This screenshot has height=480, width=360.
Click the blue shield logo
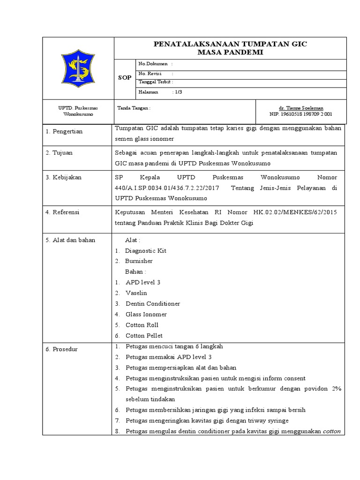pos(78,68)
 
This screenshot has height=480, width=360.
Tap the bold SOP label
pos(125,78)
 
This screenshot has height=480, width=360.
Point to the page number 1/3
pos(178,92)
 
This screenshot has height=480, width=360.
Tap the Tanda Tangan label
pos(134,108)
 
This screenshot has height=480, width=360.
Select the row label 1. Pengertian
pos(64,132)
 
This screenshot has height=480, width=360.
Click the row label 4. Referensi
pos(62,212)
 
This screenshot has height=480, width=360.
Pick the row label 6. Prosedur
pos(61,350)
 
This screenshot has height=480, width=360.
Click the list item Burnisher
pos(139,261)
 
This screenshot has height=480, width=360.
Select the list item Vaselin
pos(136,293)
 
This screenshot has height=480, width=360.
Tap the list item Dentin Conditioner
pos(153,304)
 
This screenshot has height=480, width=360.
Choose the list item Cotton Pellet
pos(144,336)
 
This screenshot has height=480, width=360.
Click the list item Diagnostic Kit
pos(145,251)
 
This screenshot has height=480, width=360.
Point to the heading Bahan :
pos(135,272)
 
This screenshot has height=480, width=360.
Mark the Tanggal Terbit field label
pos(156,82)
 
